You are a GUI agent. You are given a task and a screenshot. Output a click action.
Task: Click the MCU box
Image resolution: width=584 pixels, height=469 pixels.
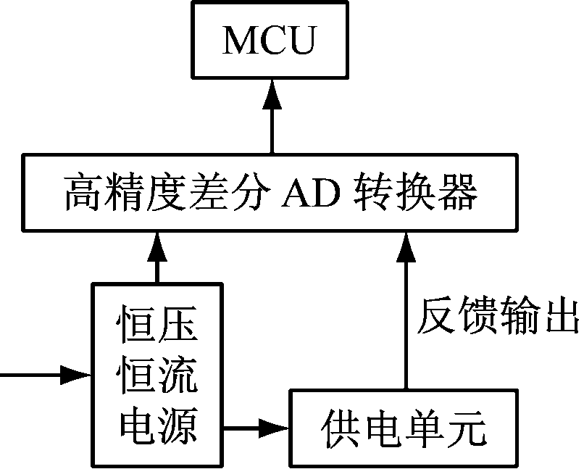click(270, 41)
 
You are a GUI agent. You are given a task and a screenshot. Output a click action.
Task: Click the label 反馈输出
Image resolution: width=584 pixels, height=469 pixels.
click(497, 317)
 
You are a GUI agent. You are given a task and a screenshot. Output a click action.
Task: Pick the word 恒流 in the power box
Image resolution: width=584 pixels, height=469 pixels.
click(156, 378)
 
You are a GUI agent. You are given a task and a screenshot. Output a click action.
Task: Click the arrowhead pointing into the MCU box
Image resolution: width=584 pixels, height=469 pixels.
click(272, 93)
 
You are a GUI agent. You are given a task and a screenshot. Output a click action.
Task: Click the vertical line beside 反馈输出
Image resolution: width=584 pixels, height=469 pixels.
click(404, 326)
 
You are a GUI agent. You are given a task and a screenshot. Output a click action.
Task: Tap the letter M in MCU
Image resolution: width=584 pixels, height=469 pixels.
click(240, 41)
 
